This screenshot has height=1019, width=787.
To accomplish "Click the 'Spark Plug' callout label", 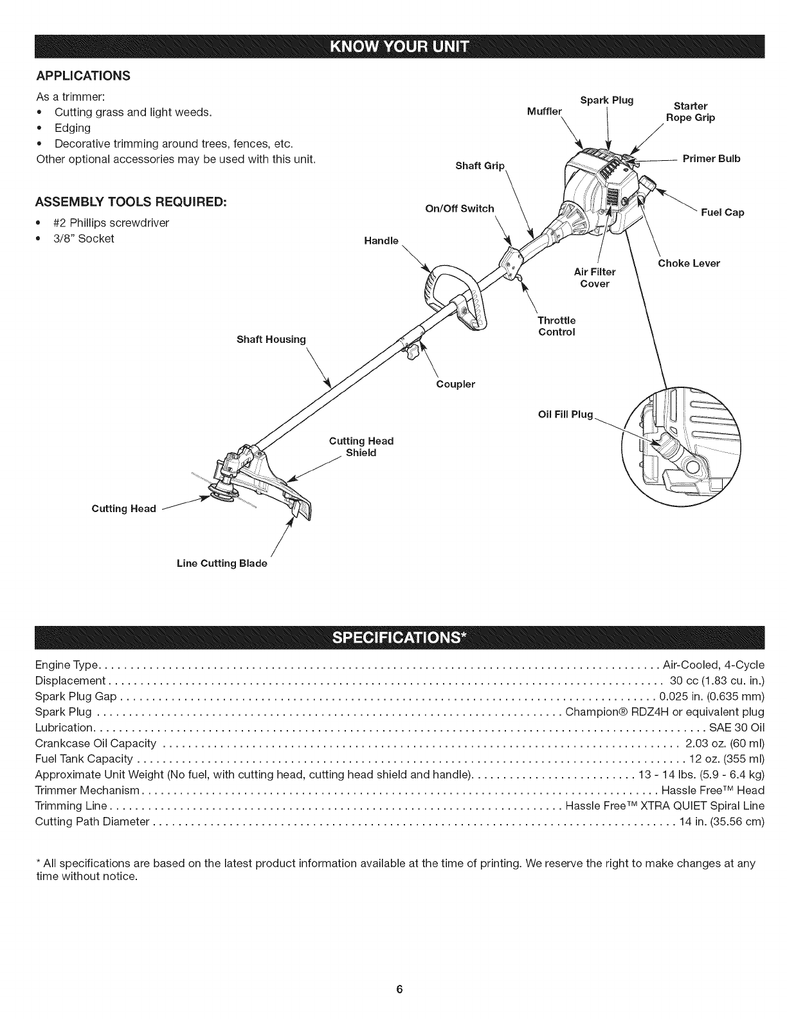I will (606, 100).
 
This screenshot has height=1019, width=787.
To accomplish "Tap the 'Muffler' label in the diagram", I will (544, 111).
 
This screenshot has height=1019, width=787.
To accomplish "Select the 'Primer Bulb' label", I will (711, 159).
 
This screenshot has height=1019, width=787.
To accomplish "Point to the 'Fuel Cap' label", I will (722, 212).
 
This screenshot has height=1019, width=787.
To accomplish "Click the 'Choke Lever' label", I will (689, 263).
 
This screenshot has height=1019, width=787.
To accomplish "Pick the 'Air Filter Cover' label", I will (594, 278).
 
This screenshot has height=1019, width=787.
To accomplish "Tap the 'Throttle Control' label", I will (556, 326).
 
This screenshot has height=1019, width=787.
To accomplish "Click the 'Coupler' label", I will (455, 384).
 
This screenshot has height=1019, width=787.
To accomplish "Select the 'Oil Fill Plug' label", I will (565, 414).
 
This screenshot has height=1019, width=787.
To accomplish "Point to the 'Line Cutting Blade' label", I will (222, 564).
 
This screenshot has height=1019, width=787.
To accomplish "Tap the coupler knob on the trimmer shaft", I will (412, 352).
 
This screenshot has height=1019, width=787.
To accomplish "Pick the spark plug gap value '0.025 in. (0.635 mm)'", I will (712, 696).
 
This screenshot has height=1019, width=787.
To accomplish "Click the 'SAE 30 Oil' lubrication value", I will (736, 728).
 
